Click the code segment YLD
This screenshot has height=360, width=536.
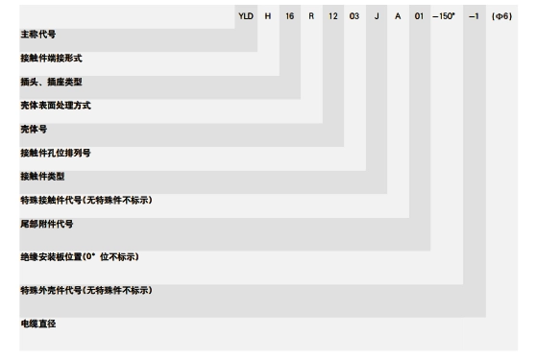tap(246, 16)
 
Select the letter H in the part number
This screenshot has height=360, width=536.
tap(268, 16)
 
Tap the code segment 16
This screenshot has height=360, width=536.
tap(289, 16)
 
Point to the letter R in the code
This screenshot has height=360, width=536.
tap(311, 16)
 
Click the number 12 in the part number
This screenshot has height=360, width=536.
tap(333, 16)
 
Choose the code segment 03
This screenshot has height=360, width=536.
tap(354, 16)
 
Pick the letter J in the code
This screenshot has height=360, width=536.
tap(377, 16)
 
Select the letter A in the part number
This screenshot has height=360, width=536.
tap(398, 16)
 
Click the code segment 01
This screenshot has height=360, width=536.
tap(419, 16)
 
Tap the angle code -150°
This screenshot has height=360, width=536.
tap(444, 16)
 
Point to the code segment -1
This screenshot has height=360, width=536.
tap(474, 16)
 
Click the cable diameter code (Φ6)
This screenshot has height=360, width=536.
tap(501, 16)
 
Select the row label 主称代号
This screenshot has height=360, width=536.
tap(38, 35)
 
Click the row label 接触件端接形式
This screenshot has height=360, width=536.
tap(51, 58)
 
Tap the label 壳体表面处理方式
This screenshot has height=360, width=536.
tap(56, 106)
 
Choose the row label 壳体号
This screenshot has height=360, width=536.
tap(34, 129)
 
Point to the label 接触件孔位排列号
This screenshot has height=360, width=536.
tap(56, 153)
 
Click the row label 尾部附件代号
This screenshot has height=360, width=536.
tap(47, 224)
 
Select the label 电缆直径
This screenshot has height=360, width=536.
tap(38, 324)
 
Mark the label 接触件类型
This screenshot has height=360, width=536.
tap(42, 177)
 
